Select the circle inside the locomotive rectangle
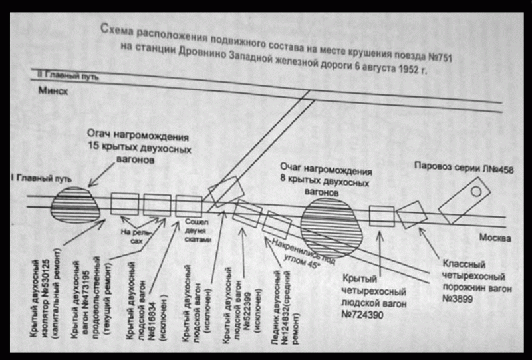coord(475,191)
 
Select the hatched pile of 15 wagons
coord(75,206)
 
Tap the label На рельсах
coord(135,236)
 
